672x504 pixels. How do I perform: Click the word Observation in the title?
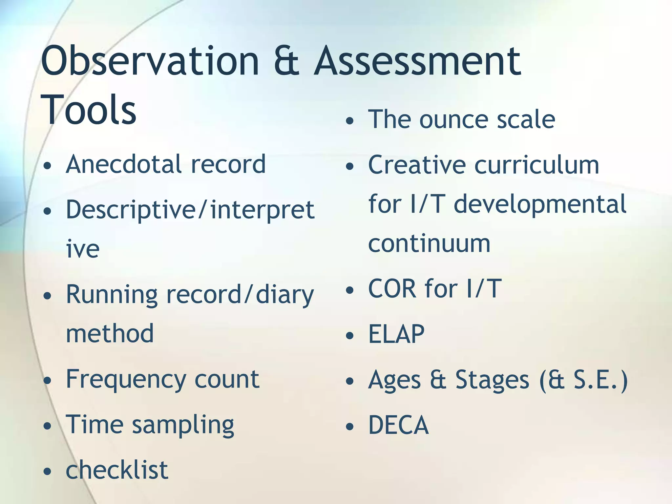coord(150,61)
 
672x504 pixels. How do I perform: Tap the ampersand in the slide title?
coord(286,61)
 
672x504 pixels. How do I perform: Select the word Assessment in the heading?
coord(417,61)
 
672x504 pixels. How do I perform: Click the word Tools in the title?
coord(89,110)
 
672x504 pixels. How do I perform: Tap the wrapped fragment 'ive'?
coord(83,249)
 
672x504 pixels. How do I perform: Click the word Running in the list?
coord(112,295)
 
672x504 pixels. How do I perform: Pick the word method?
coord(110,333)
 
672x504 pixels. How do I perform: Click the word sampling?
coord(183,425)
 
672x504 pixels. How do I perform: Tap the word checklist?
coord(117,470)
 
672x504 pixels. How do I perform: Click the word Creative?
coord(417,165)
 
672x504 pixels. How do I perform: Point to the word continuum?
coord(429,243)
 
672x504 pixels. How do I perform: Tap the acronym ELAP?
coord(396,334)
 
